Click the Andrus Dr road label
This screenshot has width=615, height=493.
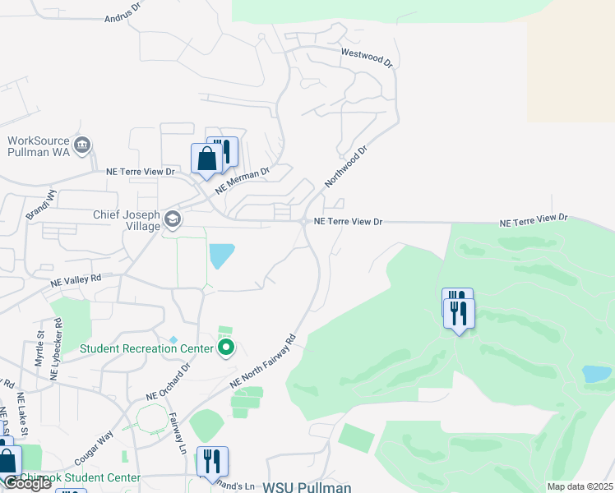tap(123, 17)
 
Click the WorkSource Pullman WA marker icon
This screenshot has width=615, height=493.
tap(82, 146)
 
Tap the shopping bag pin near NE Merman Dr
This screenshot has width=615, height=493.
tap(206, 159)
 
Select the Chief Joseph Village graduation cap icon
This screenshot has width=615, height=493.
tap(173, 219)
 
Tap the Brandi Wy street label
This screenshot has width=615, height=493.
tap(39, 202)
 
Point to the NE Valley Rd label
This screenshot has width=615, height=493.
tap(75, 279)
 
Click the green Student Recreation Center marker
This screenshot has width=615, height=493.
tap(226, 348)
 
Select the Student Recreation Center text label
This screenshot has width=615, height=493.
tap(146, 348)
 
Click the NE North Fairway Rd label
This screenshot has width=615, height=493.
tap(262, 361)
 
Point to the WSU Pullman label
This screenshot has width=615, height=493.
tap(307, 486)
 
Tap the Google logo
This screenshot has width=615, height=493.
tap(27, 483)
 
